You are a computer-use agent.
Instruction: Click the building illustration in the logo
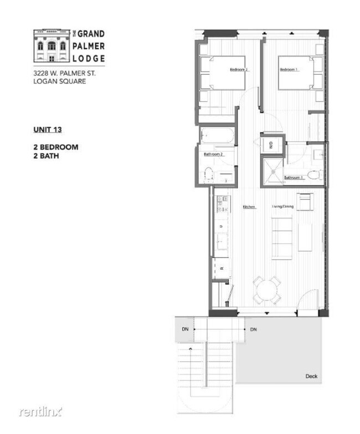tap(51, 47)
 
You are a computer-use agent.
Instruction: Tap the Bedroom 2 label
tap(239, 69)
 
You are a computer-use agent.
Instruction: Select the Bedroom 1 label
tap(289, 69)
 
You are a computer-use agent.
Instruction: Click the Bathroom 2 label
tap(213, 154)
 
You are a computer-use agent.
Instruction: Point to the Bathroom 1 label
tap(294, 177)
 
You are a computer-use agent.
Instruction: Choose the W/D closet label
tap(271, 146)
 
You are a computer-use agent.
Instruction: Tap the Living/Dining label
tap(282, 207)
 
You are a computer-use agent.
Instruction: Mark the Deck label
tap(311, 376)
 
